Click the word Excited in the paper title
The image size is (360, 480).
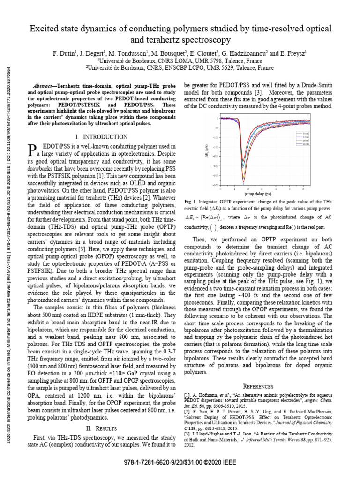45,29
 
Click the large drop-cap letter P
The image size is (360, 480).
33,150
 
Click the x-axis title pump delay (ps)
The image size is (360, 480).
254,194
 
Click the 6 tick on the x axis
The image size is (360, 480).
303,189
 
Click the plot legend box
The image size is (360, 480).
302,139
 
